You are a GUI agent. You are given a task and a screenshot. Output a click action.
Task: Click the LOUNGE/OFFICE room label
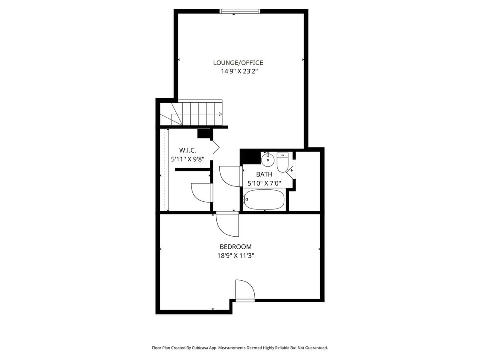(x=238, y=63)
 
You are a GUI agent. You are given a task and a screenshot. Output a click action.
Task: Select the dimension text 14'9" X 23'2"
(x=239, y=72)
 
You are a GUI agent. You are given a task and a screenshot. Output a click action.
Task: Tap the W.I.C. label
(x=187, y=150)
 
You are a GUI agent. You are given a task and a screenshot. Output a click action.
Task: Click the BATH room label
(x=264, y=174)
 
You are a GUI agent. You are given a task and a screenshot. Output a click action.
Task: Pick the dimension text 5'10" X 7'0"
(x=264, y=183)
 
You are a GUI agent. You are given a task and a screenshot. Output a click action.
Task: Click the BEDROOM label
(x=236, y=247)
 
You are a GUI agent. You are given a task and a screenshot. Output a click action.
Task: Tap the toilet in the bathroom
(x=282, y=163)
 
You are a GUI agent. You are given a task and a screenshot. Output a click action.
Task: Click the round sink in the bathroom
(x=268, y=160)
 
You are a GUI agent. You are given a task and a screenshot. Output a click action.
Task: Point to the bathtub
(x=264, y=200)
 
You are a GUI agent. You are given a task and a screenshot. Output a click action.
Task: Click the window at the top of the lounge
(x=239, y=12)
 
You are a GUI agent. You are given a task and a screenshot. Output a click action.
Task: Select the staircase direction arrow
(x=220, y=114)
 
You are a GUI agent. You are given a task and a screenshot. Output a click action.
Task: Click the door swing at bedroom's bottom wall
(x=244, y=290)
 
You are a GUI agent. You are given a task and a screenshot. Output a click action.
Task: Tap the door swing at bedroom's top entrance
(x=228, y=224)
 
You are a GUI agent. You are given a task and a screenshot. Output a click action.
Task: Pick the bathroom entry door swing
(x=230, y=176)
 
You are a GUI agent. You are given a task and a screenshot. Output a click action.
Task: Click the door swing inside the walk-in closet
(x=201, y=192)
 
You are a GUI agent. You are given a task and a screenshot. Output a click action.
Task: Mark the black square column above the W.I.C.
(x=204, y=134)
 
